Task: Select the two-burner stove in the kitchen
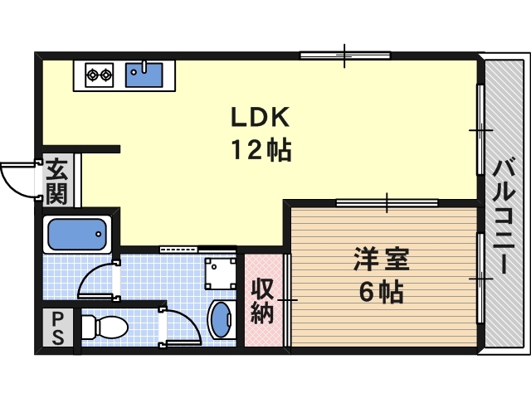100,75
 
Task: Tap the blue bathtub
78,235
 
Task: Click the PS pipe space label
57,329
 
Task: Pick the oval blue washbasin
221,320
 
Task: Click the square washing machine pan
220,271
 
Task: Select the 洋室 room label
381,260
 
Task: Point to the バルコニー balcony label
502,217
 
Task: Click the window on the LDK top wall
344,56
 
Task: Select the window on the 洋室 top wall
387,201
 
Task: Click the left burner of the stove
91,75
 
